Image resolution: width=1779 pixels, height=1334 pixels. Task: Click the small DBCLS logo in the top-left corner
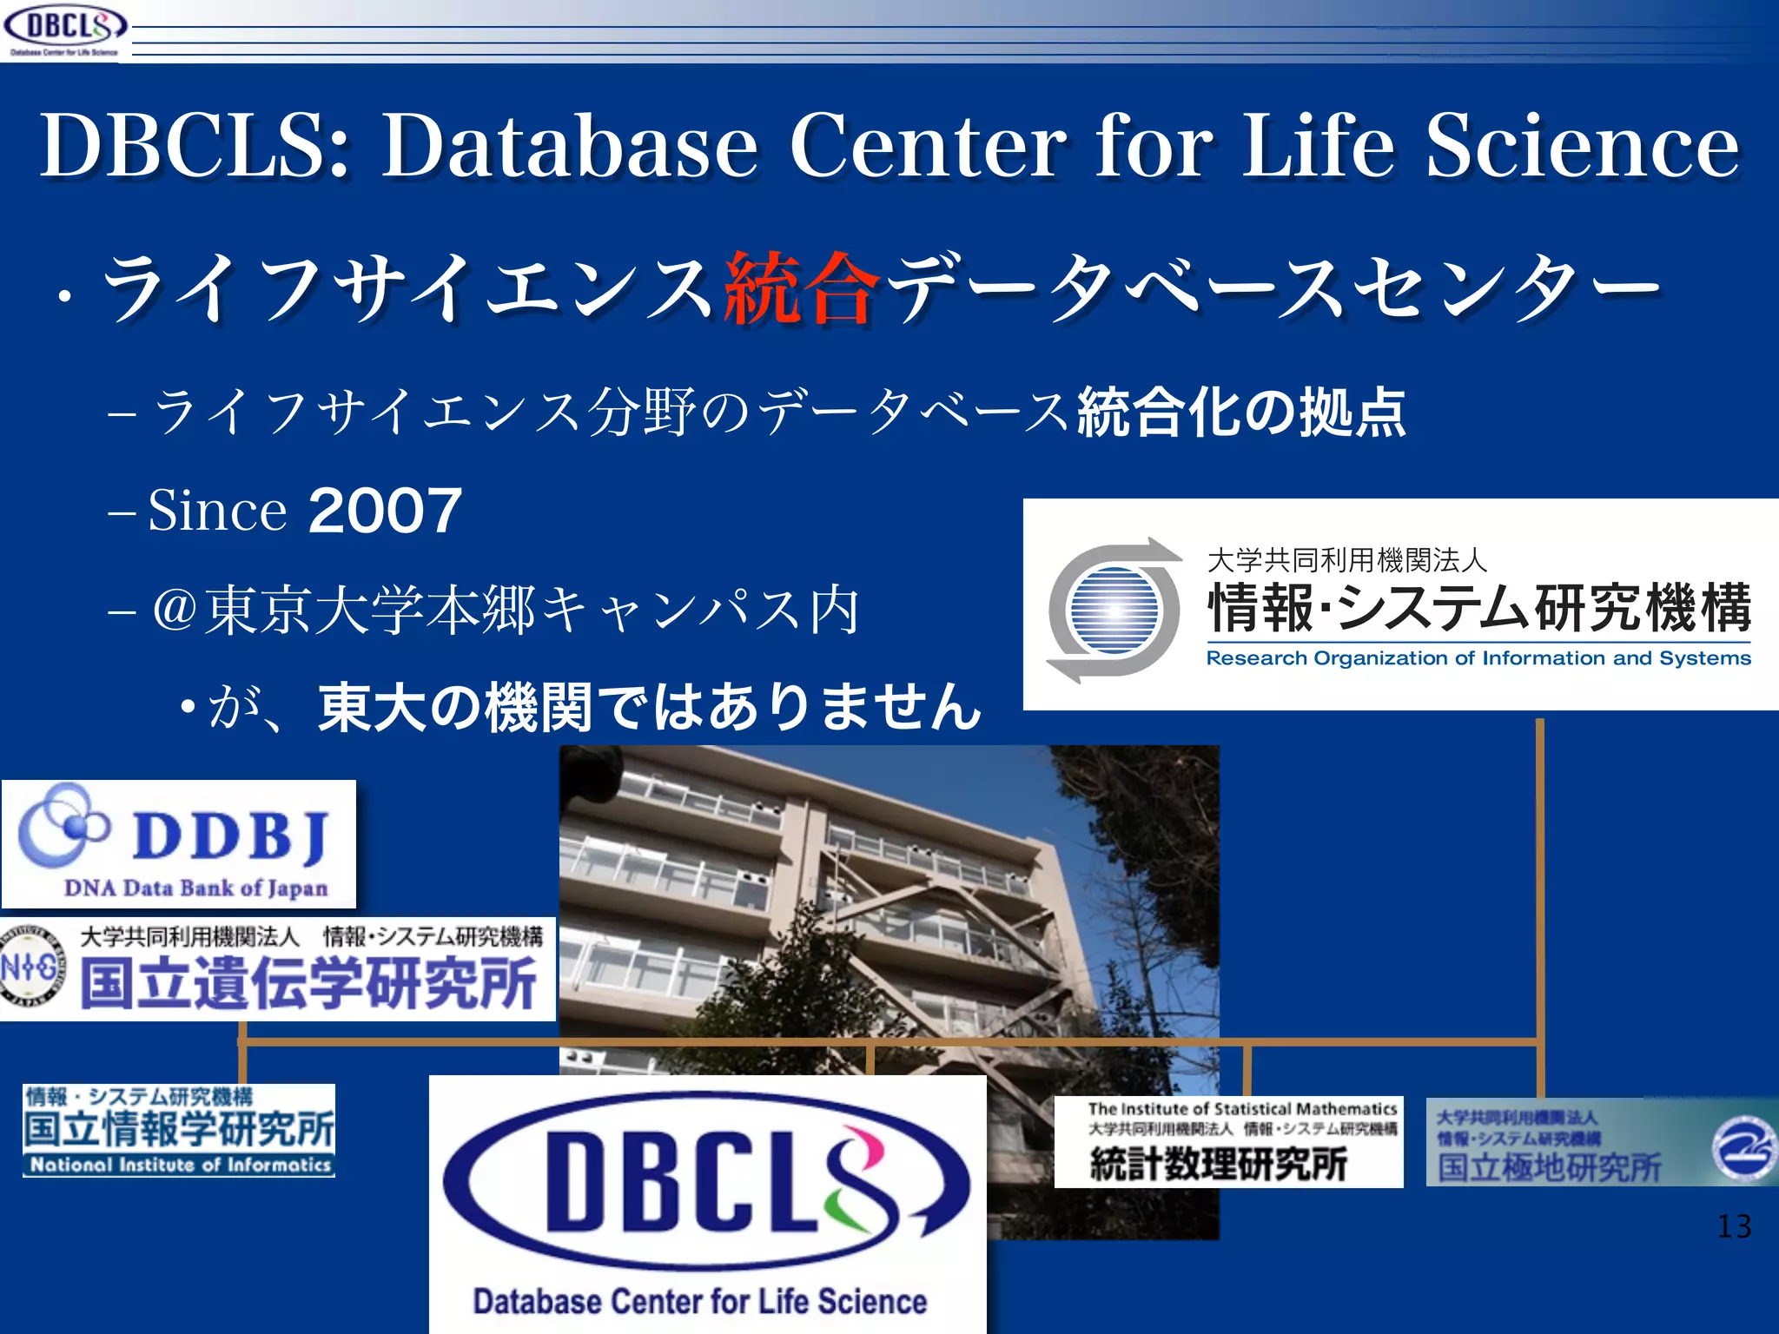pos(64,28)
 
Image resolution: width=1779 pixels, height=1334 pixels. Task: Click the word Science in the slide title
pos(1582,146)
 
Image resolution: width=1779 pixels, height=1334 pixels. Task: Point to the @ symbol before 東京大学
pos(175,609)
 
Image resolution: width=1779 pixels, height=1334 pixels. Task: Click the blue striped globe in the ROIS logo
pos(1114,610)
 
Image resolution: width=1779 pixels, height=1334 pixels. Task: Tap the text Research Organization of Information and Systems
pos(1478,658)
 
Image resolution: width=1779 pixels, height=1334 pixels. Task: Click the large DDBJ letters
pos(229,836)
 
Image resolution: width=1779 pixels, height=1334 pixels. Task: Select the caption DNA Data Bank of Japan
pos(195,888)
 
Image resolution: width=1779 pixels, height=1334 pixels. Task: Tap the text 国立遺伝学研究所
pos(308,983)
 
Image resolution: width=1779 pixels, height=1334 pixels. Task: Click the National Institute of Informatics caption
pos(180,1165)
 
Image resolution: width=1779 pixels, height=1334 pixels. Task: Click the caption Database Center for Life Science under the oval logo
pos(700,1301)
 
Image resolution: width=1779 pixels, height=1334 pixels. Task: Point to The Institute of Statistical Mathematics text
pos(1242,1109)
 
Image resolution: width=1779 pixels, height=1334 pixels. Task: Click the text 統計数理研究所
pos(1219,1164)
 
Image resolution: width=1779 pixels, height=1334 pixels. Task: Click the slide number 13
pos(1734,1226)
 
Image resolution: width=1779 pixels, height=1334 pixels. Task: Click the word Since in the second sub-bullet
pos(217,510)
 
